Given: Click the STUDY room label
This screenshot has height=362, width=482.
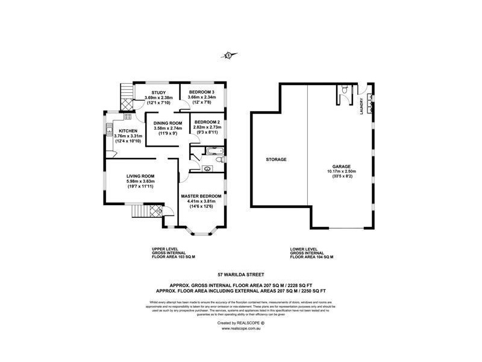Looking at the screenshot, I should coord(159,92).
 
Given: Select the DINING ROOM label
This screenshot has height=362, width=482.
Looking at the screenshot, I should coord(164,122).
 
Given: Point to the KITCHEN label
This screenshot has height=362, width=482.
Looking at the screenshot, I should coord(128,131).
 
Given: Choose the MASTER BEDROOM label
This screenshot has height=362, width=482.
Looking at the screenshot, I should coord(201,196).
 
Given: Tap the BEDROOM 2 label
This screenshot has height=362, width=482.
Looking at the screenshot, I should coord(207,122).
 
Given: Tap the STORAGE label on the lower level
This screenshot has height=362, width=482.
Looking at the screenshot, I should coord(276,160).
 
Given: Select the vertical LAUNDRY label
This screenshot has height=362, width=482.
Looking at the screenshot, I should coord(361,105).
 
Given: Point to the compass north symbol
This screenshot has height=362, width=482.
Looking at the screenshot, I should coord(228,56).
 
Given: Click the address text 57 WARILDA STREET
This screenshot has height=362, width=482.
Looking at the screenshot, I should coord(240,273).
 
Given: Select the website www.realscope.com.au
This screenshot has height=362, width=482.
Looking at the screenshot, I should coord(240,329).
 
